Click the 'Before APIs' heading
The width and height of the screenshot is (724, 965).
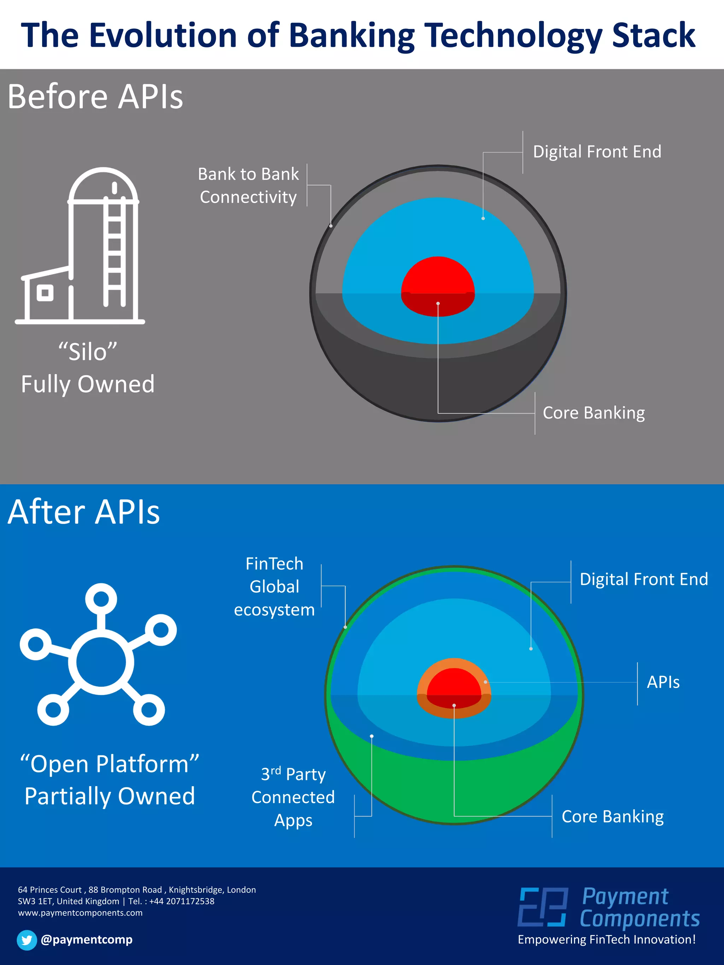point(95,96)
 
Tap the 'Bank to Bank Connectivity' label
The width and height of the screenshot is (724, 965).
point(248,186)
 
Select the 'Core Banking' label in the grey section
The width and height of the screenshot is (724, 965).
point(594,413)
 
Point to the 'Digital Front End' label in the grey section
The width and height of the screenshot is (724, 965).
point(597,152)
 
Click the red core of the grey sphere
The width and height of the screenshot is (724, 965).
point(438,279)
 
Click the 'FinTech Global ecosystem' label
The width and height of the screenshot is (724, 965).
point(274,587)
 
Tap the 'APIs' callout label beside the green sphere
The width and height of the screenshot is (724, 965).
point(663,682)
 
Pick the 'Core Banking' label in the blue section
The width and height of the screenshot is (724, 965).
point(612,816)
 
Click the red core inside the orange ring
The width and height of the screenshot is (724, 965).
point(454,686)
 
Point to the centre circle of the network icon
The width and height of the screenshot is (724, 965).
point(101,662)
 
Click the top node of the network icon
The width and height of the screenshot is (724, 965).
point(101,598)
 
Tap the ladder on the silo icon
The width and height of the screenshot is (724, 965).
point(114,253)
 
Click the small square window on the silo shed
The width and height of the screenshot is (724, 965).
point(45,293)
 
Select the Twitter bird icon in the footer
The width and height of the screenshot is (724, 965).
point(27,940)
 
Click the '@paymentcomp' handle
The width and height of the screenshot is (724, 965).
point(86,940)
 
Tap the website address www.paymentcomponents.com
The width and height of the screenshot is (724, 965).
point(80,913)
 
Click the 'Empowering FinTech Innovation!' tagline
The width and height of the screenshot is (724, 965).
point(606,940)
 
